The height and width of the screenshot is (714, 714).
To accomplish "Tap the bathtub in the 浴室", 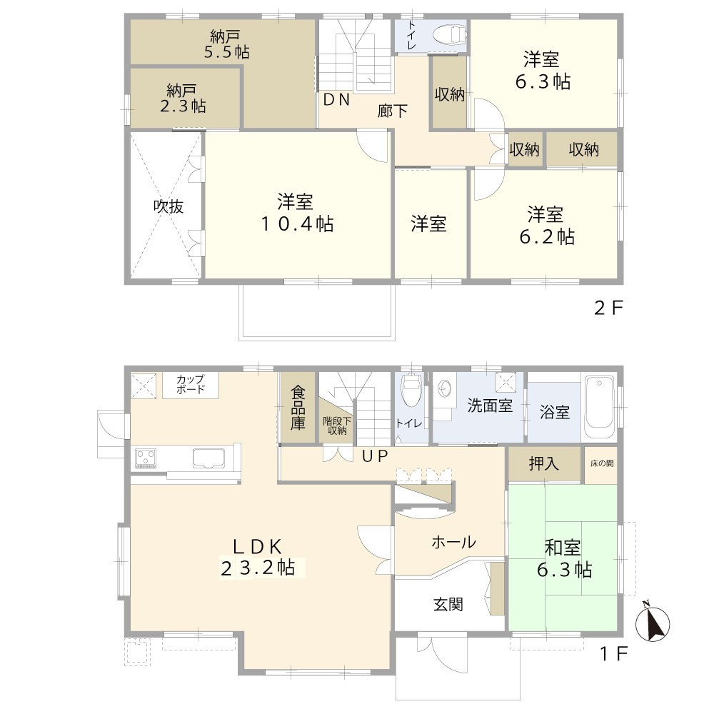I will coord(600,406).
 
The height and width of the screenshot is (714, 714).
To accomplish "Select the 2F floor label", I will coord(609,308).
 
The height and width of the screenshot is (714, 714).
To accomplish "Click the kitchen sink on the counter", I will coord(208,458).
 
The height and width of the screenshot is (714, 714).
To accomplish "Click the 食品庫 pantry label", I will coord(298,407).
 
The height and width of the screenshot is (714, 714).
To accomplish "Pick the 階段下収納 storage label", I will coord(334,426).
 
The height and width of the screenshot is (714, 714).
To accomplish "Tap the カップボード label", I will coord(191,384).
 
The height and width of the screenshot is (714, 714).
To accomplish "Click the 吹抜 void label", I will coord(169,206).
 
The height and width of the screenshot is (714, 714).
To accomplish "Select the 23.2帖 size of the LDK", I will coord(258,568).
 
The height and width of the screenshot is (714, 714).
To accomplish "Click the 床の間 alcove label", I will coord(601,463).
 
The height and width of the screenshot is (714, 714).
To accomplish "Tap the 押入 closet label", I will coord(544,463).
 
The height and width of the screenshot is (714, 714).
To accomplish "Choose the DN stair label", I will coord(336,100).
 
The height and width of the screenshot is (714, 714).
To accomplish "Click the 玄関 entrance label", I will coord(448,604).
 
